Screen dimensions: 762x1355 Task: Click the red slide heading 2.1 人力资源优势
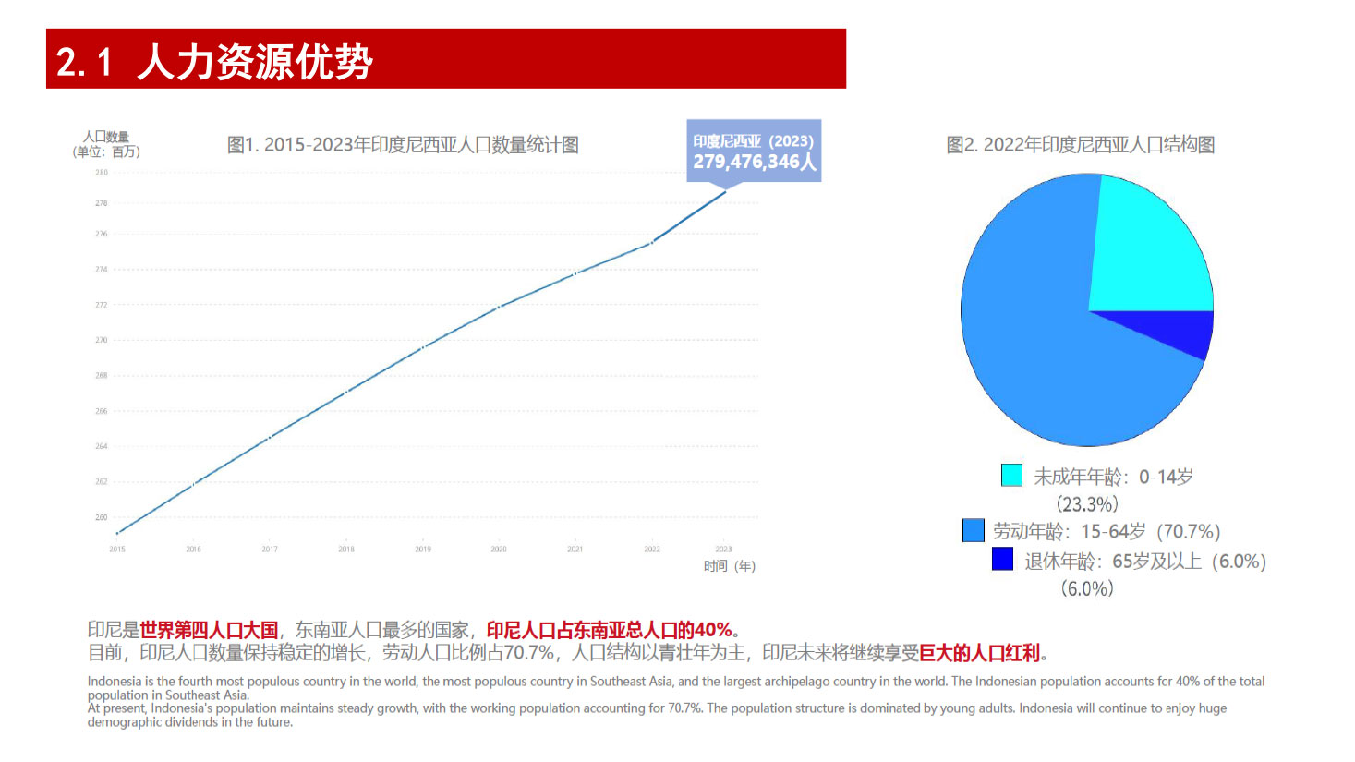click(214, 61)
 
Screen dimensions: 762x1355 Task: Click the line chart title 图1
click(403, 145)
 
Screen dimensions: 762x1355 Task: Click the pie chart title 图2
click(1080, 145)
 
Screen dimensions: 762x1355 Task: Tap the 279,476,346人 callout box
click(754, 151)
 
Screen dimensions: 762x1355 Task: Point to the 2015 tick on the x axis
click(117, 549)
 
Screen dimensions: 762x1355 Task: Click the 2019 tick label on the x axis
click(423, 549)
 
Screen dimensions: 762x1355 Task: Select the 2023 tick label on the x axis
click(723, 549)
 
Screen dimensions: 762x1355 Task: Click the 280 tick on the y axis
click(102, 173)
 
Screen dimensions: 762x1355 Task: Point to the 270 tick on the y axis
click(102, 340)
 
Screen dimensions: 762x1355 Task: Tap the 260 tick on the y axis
click(102, 517)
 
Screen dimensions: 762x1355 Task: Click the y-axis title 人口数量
click(106, 138)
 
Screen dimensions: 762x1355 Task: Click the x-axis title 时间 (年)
click(730, 566)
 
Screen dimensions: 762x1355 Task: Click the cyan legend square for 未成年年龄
click(1011, 475)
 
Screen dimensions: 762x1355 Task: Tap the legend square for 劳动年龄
click(973, 530)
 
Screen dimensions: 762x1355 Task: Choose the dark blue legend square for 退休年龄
click(1002, 559)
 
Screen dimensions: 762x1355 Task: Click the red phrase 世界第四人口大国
click(209, 630)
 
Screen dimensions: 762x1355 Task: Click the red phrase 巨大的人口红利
click(980, 653)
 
